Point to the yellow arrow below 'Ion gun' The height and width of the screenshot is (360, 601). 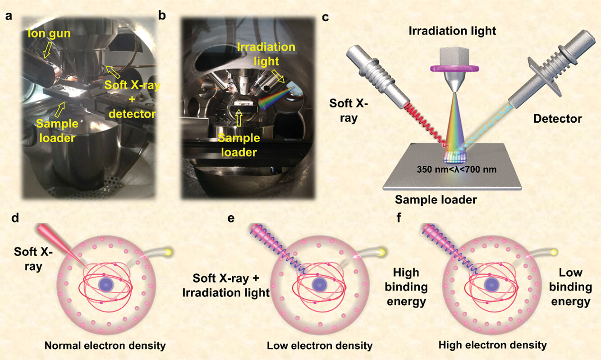46,53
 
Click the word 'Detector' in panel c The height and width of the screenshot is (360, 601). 557,120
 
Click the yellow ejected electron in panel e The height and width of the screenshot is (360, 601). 383,251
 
